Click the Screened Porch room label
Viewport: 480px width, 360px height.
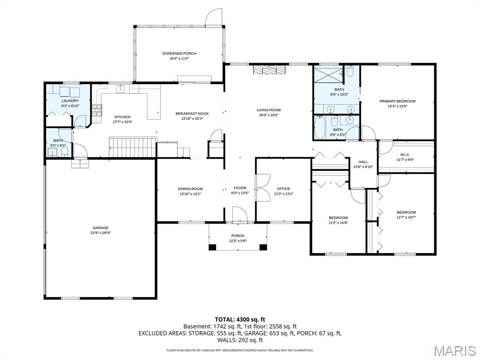[x=179, y=53]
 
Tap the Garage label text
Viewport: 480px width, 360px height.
[x=101, y=228]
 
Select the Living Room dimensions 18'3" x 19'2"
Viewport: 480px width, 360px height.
[x=269, y=115]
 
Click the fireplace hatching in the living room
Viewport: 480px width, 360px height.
[x=269, y=69]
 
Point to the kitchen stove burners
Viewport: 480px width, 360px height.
[x=97, y=111]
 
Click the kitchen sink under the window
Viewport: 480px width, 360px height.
[x=120, y=89]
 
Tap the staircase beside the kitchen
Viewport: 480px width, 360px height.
[x=133, y=147]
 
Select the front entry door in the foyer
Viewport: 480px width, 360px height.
[x=240, y=214]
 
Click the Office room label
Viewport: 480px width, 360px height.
[x=284, y=189]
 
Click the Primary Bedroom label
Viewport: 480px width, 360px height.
[x=397, y=101]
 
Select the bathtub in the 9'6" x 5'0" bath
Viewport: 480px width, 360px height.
[x=320, y=127]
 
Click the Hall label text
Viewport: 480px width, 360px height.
[x=363, y=162]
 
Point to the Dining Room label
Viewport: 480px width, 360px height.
[x=190, y=189]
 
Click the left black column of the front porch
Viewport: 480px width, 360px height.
[x=212, y=247]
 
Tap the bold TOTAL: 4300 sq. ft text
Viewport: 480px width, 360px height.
[x=240, y=320]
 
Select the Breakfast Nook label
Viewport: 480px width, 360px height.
[x=192, y=113]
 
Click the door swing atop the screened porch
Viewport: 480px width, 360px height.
[x=213, y=17]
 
